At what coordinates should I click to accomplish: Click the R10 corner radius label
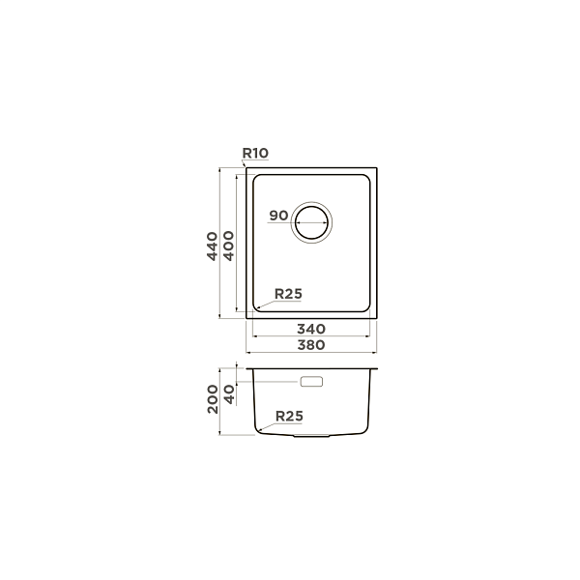[x=255, y=153]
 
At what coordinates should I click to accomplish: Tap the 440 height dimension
[x=212, y=246]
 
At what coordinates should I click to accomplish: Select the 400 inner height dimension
[x=229, y=246]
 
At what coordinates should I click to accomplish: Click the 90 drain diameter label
[x=278, y=216]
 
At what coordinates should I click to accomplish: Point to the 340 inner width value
[x=311, y=329]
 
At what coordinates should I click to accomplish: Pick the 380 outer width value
[x=311, y=345]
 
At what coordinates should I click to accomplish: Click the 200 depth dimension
[x=213, y=399]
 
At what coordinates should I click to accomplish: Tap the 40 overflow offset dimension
[x=230, y=394]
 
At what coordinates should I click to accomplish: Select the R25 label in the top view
[x=288, y=294]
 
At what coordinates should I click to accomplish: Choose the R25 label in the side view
[x=289, y=416]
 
